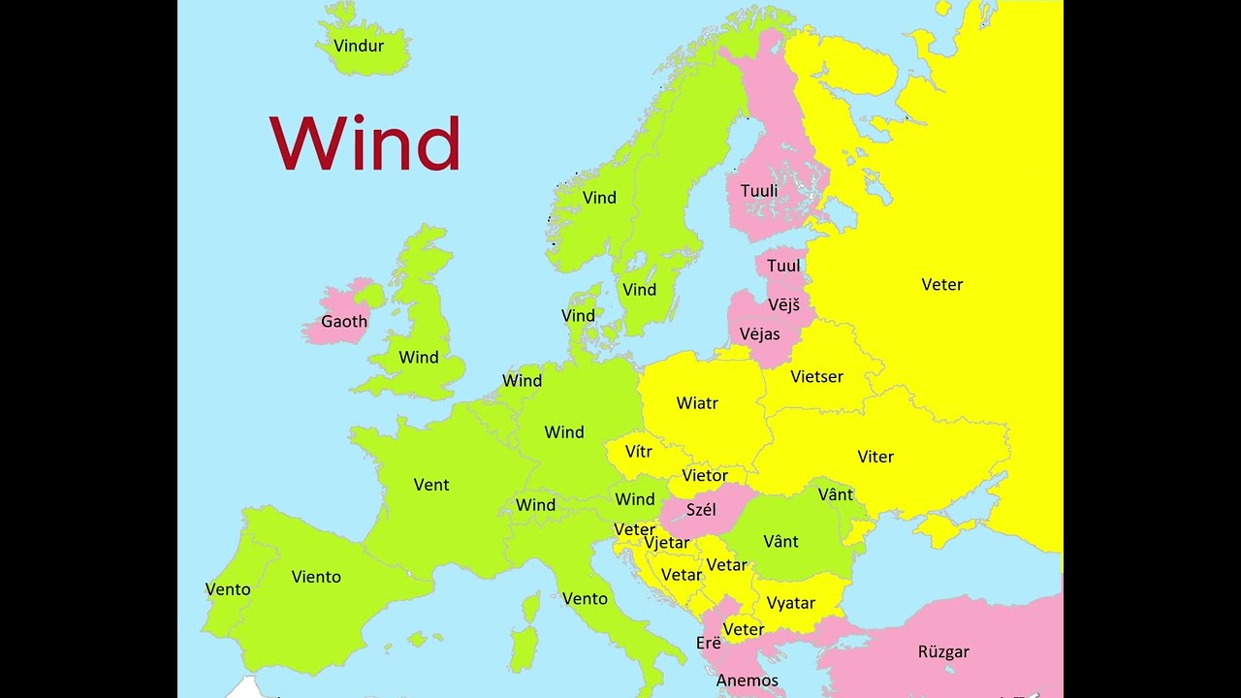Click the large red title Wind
click(365, 144)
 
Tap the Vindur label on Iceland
click(359, 46)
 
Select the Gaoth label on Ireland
click(344, 322)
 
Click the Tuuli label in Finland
click(759, 191)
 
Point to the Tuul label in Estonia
click(783, 266)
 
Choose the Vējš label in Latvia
click(783, 304)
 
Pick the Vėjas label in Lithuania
click(759, 333)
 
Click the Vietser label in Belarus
click(816, 376)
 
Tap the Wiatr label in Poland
click(697, 402)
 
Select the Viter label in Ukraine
click(875, 457)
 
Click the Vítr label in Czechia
click(639, 452)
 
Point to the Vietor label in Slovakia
click(705, 476)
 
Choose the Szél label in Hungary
click(701, 510)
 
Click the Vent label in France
click(431, 485)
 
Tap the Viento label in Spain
click(316, 577)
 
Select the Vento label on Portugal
click(228, 589)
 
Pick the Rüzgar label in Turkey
click(943, 652)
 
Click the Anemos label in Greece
click(748, 681)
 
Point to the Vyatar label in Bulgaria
click(791, 603)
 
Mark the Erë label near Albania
click(709, 643)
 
